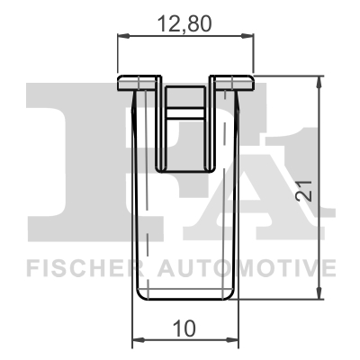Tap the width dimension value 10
(x=185, y=329)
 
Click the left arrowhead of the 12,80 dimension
(x=122, y=36)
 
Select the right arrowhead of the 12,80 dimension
(x=249, y=36)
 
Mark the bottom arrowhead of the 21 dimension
(x=319, y=293)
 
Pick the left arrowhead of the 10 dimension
(x=137, y=341)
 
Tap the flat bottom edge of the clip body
(x=185, y=300)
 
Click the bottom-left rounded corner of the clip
(x=137, y=295)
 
